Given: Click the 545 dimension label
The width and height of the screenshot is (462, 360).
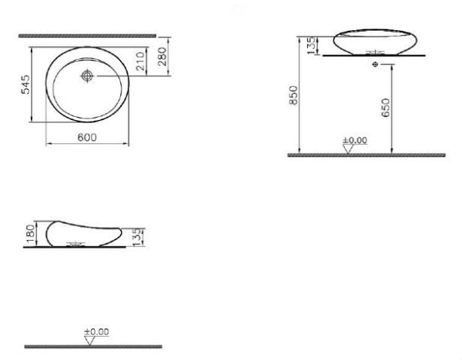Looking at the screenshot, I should click(x=25, y=84).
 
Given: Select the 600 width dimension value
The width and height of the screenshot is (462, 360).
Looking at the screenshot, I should click(x=86, y=137).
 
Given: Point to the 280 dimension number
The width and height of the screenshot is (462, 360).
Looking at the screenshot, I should click(x=162, y=57).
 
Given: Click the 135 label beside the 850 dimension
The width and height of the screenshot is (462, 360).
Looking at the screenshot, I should click(x=310, y=45).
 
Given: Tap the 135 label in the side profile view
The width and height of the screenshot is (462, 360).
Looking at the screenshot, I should click(x=137, y=235).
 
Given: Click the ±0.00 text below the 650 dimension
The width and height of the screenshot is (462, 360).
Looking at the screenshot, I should click(x=355, y=140).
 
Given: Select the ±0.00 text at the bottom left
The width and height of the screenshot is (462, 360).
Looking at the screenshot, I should click(x=97, y=332).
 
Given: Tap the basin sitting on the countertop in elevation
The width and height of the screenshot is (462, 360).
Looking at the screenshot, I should click(x=374, y=41).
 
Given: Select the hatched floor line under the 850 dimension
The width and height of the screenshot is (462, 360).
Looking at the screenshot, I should click(x=366, y=155).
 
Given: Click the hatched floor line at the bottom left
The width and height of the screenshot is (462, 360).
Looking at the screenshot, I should click(x=92, y=347).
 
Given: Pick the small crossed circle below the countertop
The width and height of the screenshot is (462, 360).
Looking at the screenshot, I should click(x=374, y=65).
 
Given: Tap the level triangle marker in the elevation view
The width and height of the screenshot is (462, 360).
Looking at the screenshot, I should click(x=349, y=148).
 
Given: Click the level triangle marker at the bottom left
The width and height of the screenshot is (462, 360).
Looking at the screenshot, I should click(x=92, y=341).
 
